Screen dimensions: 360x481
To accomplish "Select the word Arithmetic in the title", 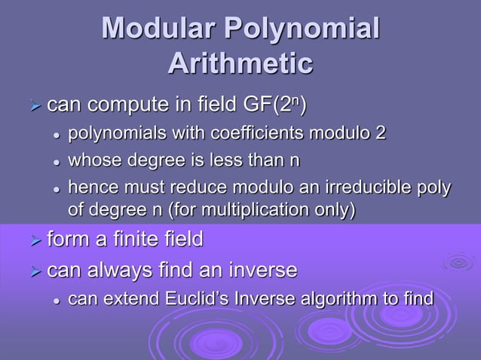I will click(x=240, y=63).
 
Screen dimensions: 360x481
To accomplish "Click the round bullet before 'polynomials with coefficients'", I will click(x=56, y=135).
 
